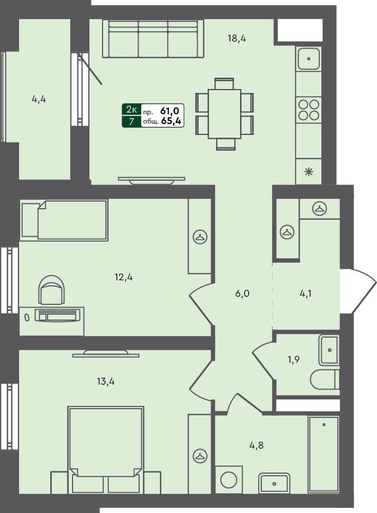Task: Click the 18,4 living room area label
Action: point(237,39)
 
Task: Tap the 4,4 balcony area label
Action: point(39,99)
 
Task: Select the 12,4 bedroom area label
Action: point(123,278)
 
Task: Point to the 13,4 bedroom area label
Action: point(105,381)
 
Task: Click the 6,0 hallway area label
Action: point(242,293)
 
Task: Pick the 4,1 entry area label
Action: point(306,293)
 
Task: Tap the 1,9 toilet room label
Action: point(294,360)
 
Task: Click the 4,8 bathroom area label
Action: point(256,445)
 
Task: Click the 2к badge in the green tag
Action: point(131,109)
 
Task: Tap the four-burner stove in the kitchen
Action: point(308,110)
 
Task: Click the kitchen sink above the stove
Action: point(308,59)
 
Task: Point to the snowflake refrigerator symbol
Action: point(308,172)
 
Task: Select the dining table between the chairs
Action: point(224,114)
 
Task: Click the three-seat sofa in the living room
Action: point(153,39)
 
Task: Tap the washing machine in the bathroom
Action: point(229,480)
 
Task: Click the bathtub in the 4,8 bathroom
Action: point(324,454)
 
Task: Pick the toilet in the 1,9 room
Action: point(325,380)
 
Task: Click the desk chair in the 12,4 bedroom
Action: point(51,290)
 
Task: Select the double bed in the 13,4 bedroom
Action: point(105,450)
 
